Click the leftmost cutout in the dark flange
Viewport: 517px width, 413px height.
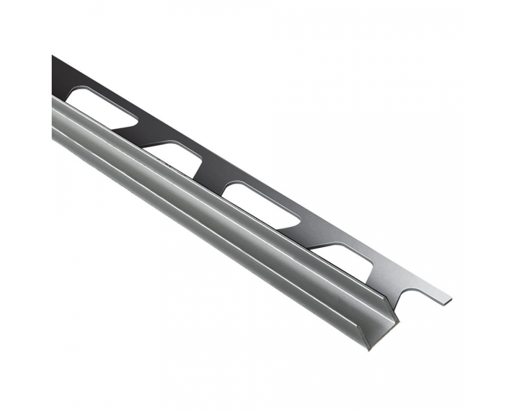point(101,106)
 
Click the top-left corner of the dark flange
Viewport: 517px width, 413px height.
point(53,56)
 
